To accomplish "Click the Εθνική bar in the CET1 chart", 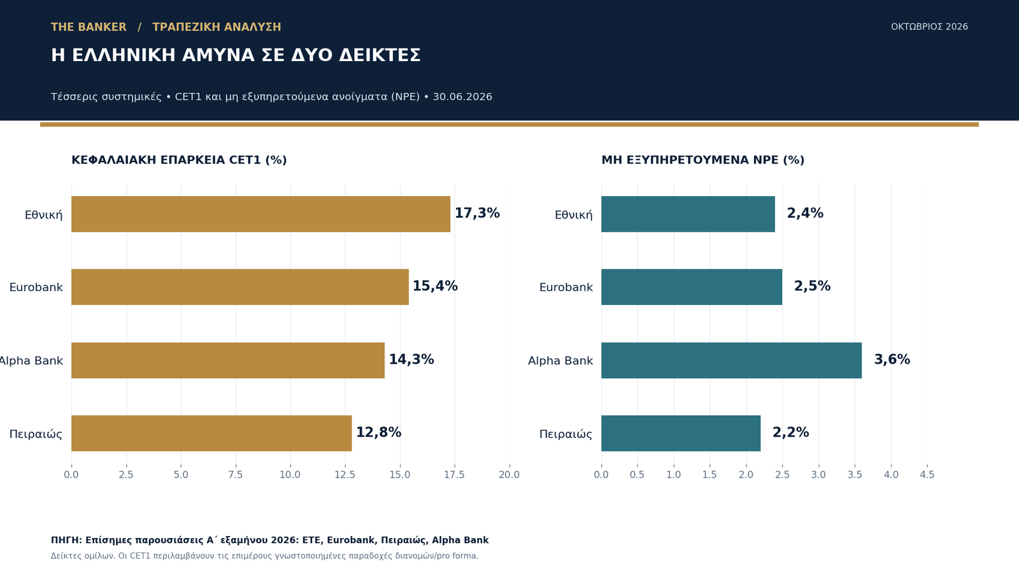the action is coord(260,214).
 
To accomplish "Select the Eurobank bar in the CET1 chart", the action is coord(239,287).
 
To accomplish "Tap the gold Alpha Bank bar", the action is coord(228,360).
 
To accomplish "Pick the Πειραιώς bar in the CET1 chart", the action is coord(211,433).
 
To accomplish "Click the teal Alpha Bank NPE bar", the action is coord(732,360).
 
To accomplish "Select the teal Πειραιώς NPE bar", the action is coord(681,433).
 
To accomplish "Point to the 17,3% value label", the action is coord(477,213).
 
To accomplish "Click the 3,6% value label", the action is coord(892,360).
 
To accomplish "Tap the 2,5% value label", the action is coord(813,286).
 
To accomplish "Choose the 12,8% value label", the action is coord(378,432).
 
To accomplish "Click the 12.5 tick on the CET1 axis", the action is coord(345,475).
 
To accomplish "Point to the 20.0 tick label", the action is coord(509,475).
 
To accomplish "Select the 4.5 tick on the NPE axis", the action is coord(927,475).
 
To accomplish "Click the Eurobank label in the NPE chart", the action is coord(566,287).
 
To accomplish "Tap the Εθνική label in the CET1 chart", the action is coord(44,215).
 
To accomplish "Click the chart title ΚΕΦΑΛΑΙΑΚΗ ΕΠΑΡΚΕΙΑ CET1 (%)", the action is coord(179,160).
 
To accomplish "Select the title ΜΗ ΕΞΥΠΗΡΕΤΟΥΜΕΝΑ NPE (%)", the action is coord(703,160).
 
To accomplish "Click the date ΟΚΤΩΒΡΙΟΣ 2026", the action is coord(929,27).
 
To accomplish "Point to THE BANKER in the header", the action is coord(89,27).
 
